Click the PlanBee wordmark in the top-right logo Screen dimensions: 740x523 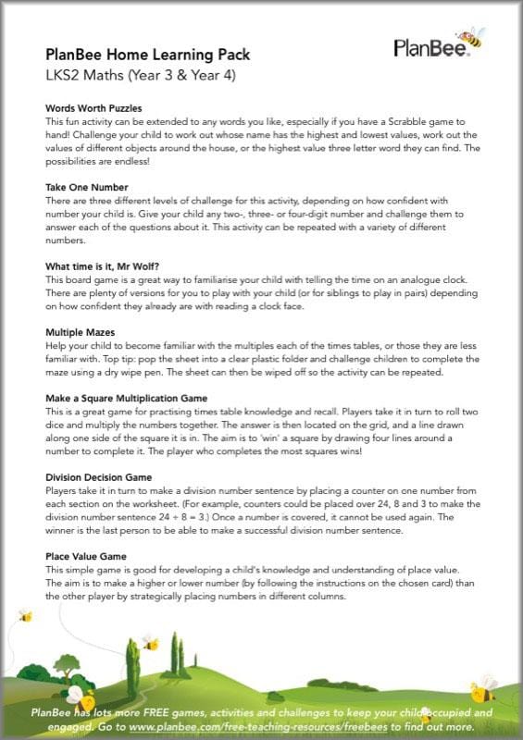(429, 48)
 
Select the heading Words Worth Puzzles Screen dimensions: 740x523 (93, 108)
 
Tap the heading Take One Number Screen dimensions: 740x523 (86, 186)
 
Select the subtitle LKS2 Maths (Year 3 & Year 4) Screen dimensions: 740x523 (141, 75)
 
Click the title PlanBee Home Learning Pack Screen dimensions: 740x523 (147, 55)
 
